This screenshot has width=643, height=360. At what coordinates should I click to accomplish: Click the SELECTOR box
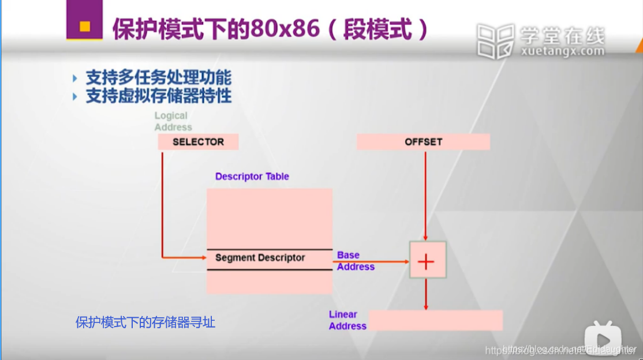(x=198, y=142)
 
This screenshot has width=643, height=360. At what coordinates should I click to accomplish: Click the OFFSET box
(x=423, y=142)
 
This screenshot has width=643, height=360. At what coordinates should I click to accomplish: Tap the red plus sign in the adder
(x=426, y=262)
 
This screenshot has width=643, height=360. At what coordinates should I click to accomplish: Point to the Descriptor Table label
(x=252, y=177)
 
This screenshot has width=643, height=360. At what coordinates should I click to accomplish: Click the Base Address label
(x=356, y=261)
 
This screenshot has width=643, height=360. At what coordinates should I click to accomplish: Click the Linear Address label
(x=347, y=320)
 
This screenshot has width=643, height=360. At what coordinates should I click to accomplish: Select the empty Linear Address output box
(x=435, y=320)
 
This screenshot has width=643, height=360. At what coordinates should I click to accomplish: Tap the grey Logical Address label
(x=173, y=121)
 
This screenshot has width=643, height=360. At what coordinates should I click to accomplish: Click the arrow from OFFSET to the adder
(x=425, y=196)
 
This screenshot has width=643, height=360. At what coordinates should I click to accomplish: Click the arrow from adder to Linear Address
(x=425, y=295)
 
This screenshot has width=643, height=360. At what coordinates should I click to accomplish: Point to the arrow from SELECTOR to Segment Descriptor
(x=162, y=208)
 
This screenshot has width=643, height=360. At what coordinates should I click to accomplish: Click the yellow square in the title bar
(x=84, y=26)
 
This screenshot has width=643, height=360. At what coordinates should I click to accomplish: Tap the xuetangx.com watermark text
(x=562, y=51)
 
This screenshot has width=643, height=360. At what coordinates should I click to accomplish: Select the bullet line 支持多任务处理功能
(x=158, y=77)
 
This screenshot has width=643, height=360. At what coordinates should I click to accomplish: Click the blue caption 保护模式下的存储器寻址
(x=145, y=322)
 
